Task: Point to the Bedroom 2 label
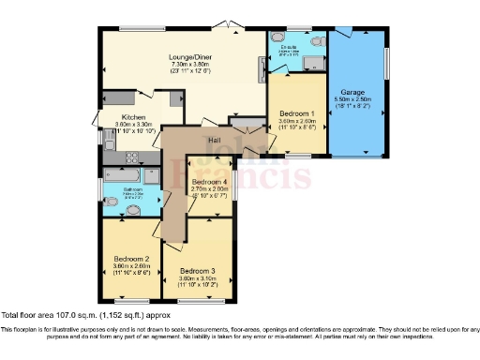[x=132, y=258]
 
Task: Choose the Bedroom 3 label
[x=198, y=271]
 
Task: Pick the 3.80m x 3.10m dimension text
[x=198, y=278]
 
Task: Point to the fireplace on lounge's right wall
[x=262, y=70]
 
